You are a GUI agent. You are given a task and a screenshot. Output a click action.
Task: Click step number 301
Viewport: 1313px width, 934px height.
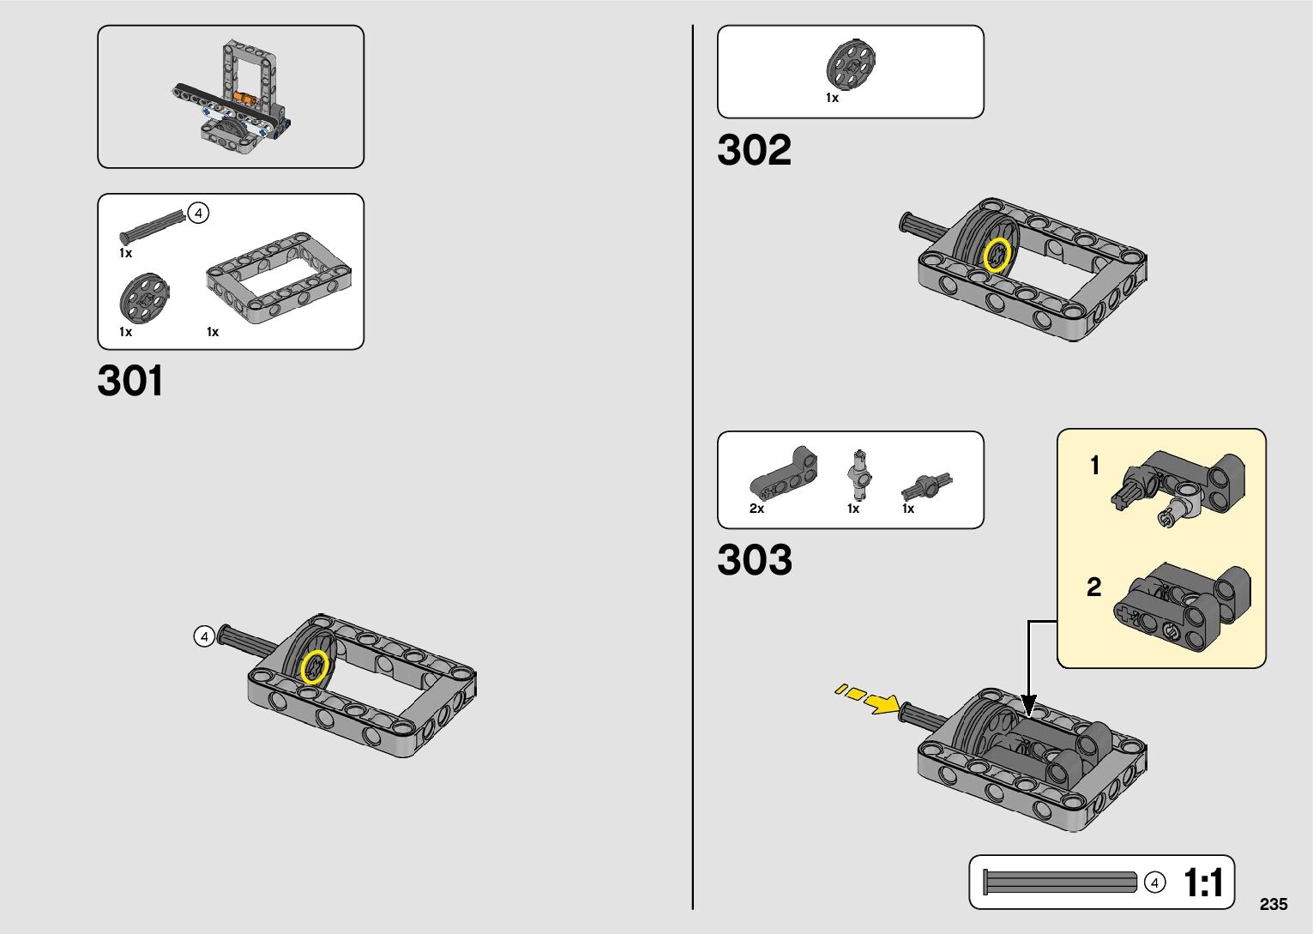(x=130, y=381)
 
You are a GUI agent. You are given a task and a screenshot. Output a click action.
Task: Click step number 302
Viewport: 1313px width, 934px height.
(x=754, y=150)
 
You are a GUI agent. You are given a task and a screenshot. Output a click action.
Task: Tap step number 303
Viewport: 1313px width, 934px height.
(x=754, y=560)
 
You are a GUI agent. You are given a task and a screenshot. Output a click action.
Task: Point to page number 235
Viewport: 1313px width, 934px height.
(x=1274, y=904)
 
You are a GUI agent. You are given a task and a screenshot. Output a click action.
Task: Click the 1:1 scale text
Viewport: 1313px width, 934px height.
(x=1202, y=883)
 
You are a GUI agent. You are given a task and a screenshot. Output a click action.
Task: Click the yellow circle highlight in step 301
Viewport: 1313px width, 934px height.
(x=315, y=667)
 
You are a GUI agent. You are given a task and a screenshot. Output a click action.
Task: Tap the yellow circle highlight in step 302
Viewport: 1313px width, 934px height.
(x=997, y=255)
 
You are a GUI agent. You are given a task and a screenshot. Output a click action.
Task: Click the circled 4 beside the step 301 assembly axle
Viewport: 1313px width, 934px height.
(x=203, y=636)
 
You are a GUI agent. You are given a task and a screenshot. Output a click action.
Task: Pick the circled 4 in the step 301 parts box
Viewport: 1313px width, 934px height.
(x=198, y=213)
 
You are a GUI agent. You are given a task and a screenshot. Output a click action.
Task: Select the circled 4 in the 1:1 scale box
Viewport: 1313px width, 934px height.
(x=1155, y=883)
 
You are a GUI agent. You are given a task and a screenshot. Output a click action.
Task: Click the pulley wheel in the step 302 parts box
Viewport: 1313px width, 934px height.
(x=851, y=63)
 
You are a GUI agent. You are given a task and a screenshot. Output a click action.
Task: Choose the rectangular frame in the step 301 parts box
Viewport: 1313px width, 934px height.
(x=279, y=277)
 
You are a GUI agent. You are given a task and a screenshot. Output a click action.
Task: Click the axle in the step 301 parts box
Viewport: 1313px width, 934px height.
(x=153, y=226)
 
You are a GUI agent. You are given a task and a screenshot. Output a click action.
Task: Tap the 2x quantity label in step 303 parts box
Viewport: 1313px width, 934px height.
(x=756, y=509)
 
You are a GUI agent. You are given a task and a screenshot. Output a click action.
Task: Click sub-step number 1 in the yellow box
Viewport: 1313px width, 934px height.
(x=1094, y=466)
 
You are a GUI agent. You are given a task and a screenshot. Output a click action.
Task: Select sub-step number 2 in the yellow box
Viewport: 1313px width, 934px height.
(x=1093, y=588)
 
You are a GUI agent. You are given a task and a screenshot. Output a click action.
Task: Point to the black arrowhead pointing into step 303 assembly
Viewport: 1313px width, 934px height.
(x=1029, y=706)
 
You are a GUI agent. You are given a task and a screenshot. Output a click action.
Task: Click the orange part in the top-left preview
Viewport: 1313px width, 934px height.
(x=247, y=99)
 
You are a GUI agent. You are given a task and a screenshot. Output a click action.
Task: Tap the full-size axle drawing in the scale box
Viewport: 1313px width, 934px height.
(x=1061, y=883)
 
